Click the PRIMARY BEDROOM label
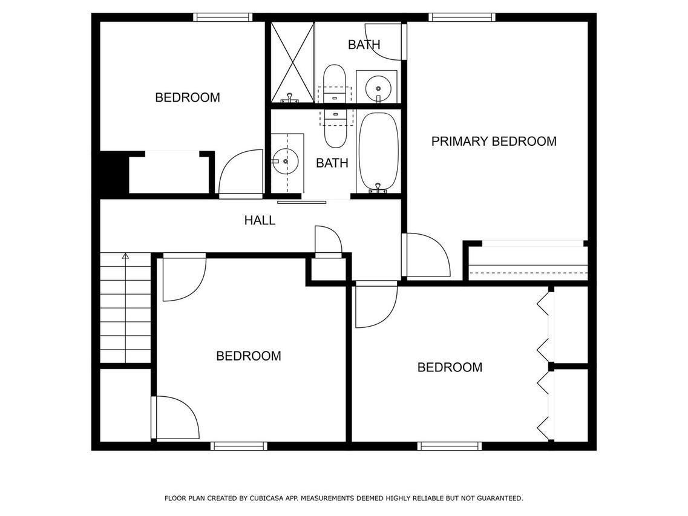[494, 142]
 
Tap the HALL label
[260, 220]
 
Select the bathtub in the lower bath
[378, 152]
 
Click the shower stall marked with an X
[292, 62]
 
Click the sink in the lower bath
[285, 161]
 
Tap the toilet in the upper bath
[335, 84]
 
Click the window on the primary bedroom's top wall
[462, 18]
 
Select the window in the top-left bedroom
[223, 18]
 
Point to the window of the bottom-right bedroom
[450, 446]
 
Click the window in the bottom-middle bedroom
[238, 446]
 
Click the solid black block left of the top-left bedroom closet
[111, 172]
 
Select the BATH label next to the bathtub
[332, 163]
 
